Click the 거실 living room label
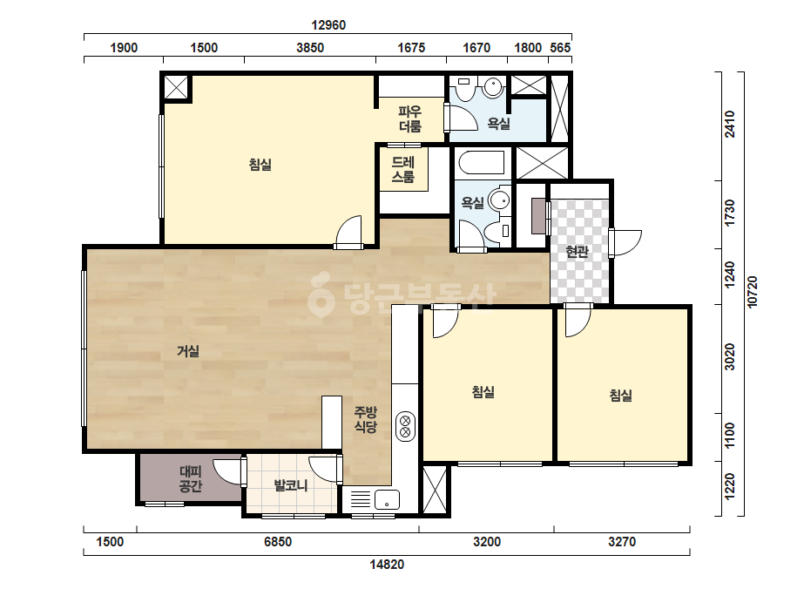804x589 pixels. pos(188,351)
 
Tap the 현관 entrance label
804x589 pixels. pos(577,252)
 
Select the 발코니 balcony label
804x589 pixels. pos(291,484)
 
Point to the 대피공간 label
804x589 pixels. pos(190,478)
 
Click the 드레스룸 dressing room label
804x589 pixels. pos(403,170)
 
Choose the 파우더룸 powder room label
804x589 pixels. pos(410,118)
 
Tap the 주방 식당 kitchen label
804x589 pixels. pos(366,419)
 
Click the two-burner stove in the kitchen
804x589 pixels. pos(405,426)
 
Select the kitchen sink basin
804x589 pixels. pos(387,500)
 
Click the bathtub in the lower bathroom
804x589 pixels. pos(482,163)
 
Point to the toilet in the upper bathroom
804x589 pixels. pos(465,89)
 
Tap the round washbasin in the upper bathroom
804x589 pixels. pos(493,87)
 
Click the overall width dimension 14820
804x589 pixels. pos(387,565)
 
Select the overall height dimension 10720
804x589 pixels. pos(752,292)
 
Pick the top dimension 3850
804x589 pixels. pos(310,48)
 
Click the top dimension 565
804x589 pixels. pos(560,48)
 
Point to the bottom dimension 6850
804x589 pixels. pos(277,542)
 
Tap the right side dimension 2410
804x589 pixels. pos(730,125)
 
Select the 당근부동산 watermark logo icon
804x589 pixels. pos(321,294)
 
